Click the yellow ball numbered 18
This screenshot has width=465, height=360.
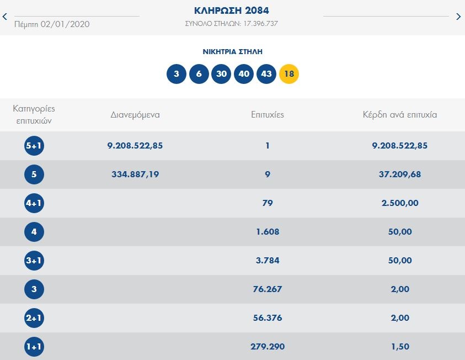click(289, 74)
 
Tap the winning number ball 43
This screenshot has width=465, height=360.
click(266, 74)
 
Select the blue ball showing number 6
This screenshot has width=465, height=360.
click(199, 74)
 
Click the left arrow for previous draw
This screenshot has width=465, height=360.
click(5, 17)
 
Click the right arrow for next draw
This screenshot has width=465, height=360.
click(458, 17)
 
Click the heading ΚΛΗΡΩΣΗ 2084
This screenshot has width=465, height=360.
click(232, 10)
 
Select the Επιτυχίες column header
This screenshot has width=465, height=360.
click(267, 115)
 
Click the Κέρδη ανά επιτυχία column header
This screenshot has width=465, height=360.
click(400, 115)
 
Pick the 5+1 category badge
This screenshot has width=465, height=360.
click(34, 146)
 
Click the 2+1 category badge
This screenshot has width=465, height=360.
click(34, 318)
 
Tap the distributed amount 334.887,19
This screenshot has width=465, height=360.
click(135, 174)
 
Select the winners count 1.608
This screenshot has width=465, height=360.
click(268, 232)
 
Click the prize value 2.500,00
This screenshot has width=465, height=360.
click(400, 203)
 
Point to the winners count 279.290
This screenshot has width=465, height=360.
click(268, 347)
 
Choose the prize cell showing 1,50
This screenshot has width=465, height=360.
click(400, 347)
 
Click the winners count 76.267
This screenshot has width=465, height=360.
click(268, 289)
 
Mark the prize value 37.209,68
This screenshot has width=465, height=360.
click(400, 174)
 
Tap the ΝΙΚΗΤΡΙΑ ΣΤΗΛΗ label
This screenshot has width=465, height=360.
click(232, 52)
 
